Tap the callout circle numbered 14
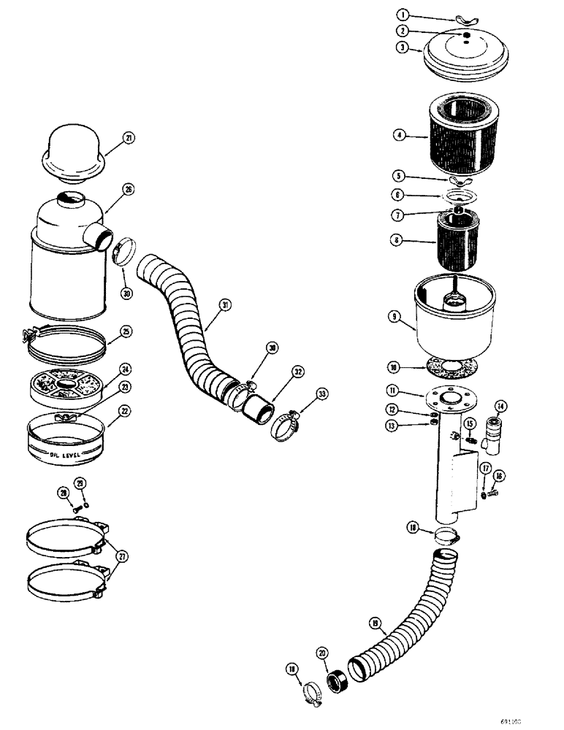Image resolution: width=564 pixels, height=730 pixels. coord(500,406)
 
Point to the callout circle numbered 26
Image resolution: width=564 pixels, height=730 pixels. coord(129,190)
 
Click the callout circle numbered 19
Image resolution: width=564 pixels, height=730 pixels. coord(376,623)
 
